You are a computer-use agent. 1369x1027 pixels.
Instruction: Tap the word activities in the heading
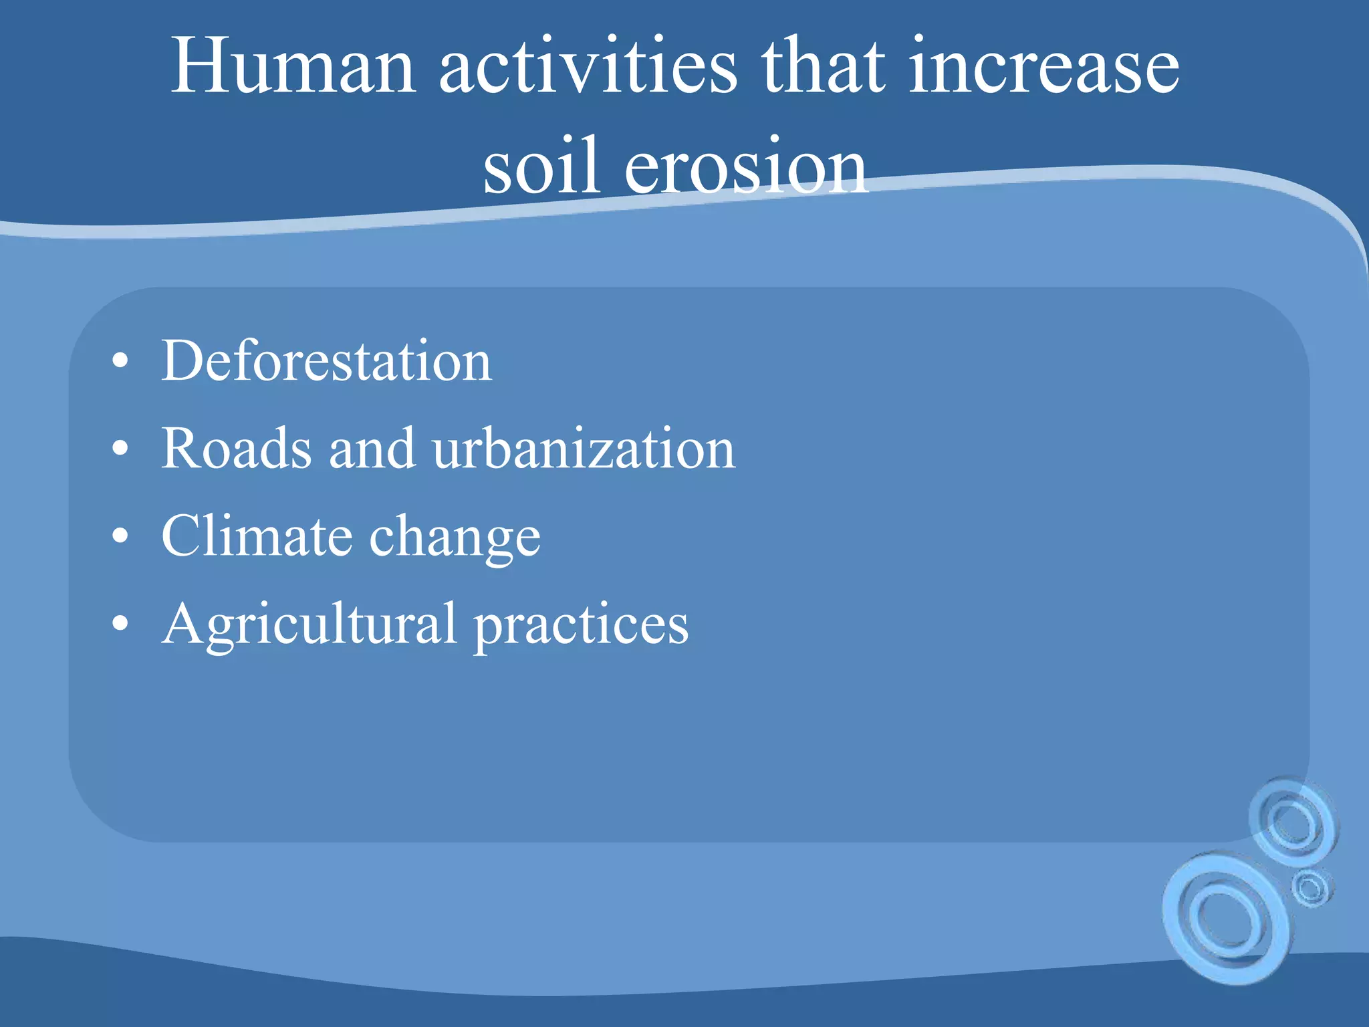pyautogui.click(x=588, y=67)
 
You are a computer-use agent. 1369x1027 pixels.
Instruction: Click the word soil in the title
pyautogui.click(x=540, y=166)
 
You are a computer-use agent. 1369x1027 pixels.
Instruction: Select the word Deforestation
pyautogui.click(x=326, y=361)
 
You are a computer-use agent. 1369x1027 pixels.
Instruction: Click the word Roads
pyautogui.click(x=237, y=449)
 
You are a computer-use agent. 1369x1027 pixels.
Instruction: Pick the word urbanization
pyautogui.click(x=584, y=449)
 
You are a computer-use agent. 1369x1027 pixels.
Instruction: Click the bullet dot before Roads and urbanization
pyautogui.click(x=120, y=450)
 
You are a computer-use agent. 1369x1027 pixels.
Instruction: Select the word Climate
pyautogui.click(x=257, y=536)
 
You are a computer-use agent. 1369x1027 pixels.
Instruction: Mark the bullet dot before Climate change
pyautogui.click(x=120, y=538)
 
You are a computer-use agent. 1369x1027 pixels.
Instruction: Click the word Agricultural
pyautogui.click(x=309, y=625)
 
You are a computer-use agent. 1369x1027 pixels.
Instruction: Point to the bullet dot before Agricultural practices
pyautogui.click(x=120, y=625)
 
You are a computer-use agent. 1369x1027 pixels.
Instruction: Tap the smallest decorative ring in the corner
pyautogui.click(x=1311, y=889)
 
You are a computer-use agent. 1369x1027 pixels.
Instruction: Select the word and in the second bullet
pyautogui.click(x=372, y=449)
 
